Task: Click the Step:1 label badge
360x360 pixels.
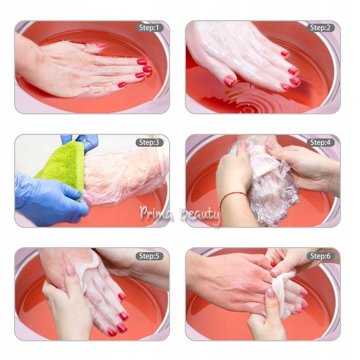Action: [149, 28]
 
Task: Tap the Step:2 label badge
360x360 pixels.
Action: [320, 28]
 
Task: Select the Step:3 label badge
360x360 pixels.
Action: [149, 142]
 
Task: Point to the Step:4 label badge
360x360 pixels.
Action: [320, 142]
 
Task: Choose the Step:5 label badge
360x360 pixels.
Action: [149, 256]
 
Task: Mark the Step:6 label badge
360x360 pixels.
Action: [320, 256]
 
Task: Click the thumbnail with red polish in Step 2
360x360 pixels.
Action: [230, 81]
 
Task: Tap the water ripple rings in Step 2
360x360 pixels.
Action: [248, 101]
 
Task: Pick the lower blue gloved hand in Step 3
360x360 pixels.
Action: [49, 200]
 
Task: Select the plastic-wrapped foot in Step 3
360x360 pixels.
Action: [124, 174]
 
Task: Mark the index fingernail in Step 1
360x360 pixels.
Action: [142, 62]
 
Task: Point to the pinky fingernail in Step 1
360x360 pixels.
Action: [122, 85]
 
